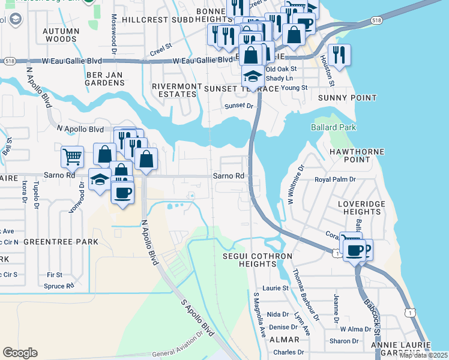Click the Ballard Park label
click(333, 127)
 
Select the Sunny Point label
click(348, 98)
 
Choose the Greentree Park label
click(61, 241)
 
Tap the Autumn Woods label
click(61, 35)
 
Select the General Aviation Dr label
click(178, 352)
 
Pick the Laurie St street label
click(276, 288)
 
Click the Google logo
click(20, 353)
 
